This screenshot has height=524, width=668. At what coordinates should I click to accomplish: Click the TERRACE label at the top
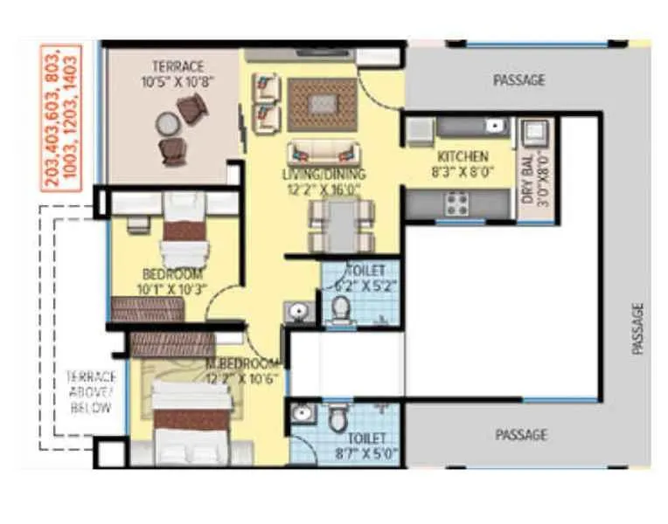[x=177, y=66]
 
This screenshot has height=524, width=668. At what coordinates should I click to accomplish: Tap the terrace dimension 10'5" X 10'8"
[x=177, y=82]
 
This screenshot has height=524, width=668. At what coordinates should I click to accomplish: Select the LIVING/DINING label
[x=321, y=174]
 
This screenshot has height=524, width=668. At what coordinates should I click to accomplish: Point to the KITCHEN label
[x=463, y=157]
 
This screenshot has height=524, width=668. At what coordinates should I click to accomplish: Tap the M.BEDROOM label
[x=242, y=362]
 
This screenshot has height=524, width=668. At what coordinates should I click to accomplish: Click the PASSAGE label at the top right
[x=519, y=79]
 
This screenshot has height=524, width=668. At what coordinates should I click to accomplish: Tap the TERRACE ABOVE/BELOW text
[x=90, y=393]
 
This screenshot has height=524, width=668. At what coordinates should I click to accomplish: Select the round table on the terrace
[x=166, y=125]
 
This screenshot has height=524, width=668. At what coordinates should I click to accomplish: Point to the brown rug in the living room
[x=322, y=104]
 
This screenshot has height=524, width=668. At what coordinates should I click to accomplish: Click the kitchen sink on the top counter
[x=496, y=128]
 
